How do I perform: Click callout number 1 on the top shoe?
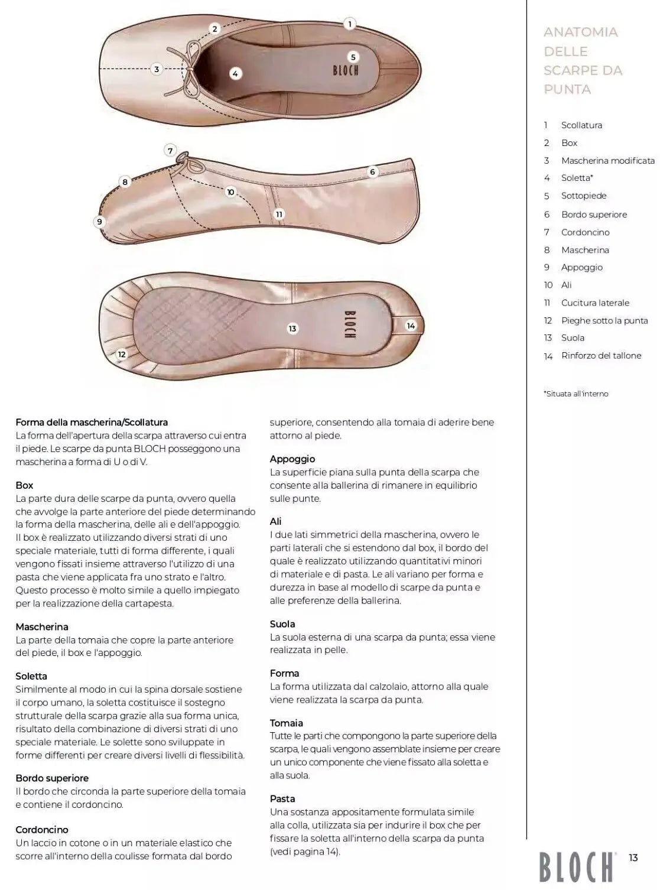tap(349, 24)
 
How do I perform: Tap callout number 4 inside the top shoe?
tap(235, 74)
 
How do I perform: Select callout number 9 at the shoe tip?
tap(99, 222)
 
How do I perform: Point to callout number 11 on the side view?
tap(279, 214)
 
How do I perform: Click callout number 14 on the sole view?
tap(411, 326)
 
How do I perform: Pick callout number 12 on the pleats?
tap(122, 354)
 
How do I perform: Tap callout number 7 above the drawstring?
tap(170, 150)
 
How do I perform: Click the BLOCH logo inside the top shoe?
tap(346, 70)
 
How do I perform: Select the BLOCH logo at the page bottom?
tap(576, 866)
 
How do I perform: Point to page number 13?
tap(633, 857)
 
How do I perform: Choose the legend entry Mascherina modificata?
tap(607, 161)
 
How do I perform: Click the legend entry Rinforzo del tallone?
tap(601, 356)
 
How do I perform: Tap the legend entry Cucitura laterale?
tap(595, 303)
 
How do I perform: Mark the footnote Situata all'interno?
tap(576, 394)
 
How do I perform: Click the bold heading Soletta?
tap(31, 676)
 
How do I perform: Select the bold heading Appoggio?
tap(292, 459)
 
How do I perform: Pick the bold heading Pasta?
tap(282, 798)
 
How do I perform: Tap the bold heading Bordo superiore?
tap(52, 778)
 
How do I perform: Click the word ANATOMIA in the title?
tap(580, 32)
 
